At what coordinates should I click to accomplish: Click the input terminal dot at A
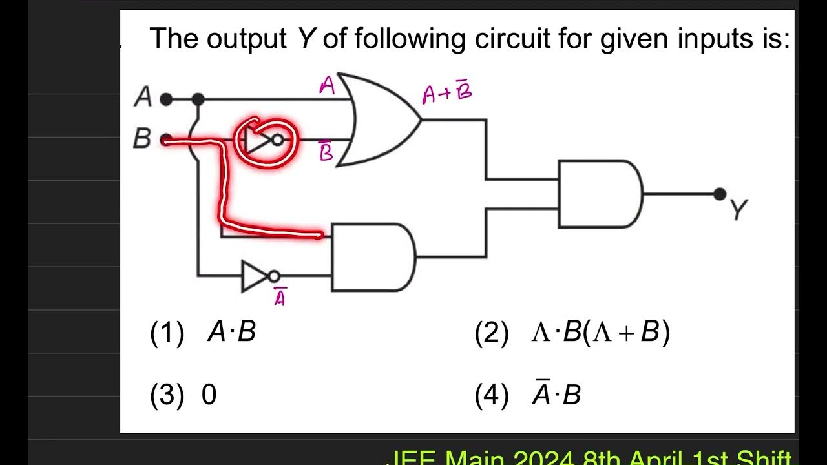(166, 99)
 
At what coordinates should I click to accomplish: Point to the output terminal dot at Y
(720, 194)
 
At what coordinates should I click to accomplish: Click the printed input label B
(142, 139)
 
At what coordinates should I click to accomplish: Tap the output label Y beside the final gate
(738, 210)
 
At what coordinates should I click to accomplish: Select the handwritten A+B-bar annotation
(447, 94)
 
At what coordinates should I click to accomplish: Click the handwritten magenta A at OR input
(328, 86)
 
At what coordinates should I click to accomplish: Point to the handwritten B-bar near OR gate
(327, 152)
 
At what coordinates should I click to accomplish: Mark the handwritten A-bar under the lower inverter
(280, 298)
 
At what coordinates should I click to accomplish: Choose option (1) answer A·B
(231, 332)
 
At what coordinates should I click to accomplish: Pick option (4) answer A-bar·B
(556, 394)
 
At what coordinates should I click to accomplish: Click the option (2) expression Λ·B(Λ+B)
(600, 332)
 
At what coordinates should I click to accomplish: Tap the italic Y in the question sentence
(306, 39)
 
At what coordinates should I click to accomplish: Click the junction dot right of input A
(198, 99)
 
